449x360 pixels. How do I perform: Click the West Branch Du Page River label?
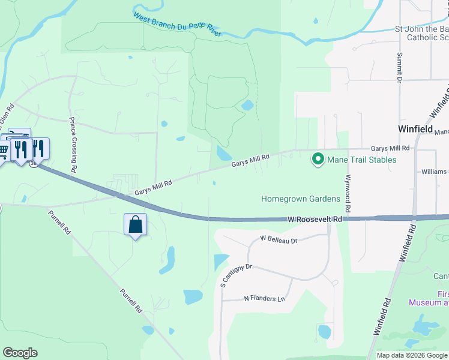click(x=177, y=25)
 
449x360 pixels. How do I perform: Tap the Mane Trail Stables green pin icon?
click(x=317, y=159)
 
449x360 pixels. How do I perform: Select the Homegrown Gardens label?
click(x=301, y=199)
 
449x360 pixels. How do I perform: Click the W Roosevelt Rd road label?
click(x=315, y=220)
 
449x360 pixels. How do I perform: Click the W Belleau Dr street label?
click(x=279, y=239)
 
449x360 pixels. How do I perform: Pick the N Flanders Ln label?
click(x=264, y=298)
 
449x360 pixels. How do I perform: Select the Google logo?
click(x=20, y=353)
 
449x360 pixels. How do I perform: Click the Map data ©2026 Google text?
click(x=412, y=355)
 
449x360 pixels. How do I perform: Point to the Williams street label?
click(x=433, y=172)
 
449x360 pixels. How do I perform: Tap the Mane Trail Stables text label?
click(x=361, y=160)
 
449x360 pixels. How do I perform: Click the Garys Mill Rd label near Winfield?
click(x=390, y=148)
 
